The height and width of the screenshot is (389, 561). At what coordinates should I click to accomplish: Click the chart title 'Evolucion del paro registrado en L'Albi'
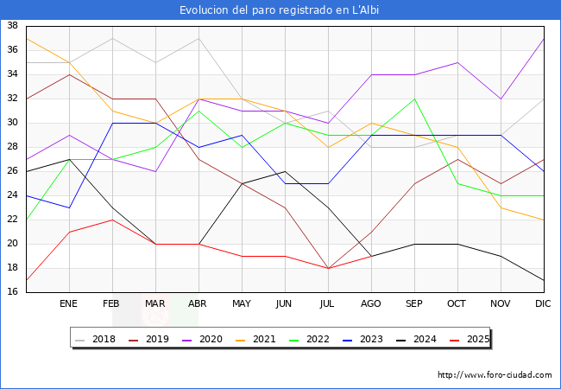point(280,10)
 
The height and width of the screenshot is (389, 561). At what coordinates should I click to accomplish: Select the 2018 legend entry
point(98,340)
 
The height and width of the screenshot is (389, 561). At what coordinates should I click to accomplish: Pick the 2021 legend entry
point(257,340)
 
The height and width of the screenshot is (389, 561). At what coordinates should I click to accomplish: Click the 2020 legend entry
point(204,340)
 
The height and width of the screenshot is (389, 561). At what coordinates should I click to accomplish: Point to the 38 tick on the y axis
point(13,26)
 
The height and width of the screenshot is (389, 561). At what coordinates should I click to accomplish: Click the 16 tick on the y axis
point(13,292)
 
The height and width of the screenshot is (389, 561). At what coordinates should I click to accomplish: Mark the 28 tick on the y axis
point(13,147)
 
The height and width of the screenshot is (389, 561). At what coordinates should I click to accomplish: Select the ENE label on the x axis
point(69,304)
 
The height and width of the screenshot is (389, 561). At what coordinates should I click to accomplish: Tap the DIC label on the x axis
point(543,304)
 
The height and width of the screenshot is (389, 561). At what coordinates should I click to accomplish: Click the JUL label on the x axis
point(328,304)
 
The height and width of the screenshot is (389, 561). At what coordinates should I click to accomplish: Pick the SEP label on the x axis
point(414,304)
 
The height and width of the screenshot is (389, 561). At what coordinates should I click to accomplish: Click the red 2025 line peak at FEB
point(112,220)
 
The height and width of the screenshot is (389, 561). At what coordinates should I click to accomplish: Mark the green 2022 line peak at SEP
point(414,99)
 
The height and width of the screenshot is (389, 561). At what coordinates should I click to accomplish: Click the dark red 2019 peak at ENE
point(69,74)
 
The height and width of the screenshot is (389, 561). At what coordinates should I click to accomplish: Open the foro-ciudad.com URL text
point(495,375)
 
